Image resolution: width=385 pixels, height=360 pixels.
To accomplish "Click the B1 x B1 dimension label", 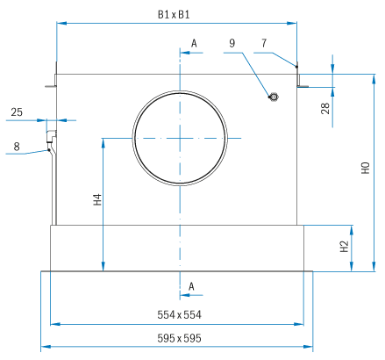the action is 174,14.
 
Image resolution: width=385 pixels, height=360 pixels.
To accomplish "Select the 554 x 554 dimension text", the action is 179,314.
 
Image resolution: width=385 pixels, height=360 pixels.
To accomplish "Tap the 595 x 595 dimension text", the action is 179,338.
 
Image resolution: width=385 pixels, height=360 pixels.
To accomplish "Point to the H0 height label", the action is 366,168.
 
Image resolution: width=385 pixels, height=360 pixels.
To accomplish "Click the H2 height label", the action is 345,246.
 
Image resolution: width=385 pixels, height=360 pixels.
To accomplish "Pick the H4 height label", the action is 97,199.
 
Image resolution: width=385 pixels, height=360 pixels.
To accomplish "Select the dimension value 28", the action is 325,108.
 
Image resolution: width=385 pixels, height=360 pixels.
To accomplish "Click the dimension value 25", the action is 17,112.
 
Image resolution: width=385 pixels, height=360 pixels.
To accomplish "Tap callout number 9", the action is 232,43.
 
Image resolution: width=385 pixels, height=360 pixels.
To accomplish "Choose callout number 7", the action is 264,43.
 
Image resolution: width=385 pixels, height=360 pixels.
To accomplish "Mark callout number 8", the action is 17,147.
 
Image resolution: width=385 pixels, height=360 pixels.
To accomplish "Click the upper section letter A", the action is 194,43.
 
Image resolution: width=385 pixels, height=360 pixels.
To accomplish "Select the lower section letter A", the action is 191,286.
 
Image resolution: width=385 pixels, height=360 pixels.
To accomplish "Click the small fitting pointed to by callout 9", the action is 274,97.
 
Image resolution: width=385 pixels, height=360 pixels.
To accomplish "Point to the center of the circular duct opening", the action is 180,138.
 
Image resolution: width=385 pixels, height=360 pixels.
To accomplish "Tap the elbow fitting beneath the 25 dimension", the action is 51,136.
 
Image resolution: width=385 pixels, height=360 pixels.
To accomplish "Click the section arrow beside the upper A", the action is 191,53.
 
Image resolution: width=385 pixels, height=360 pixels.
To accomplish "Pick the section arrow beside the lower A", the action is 191,295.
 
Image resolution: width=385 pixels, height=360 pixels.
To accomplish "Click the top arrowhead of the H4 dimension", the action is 103,143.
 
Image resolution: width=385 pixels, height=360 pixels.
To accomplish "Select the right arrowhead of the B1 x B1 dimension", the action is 292,23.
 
